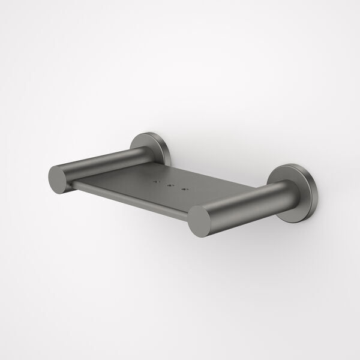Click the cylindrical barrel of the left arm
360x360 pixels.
[99, 163]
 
